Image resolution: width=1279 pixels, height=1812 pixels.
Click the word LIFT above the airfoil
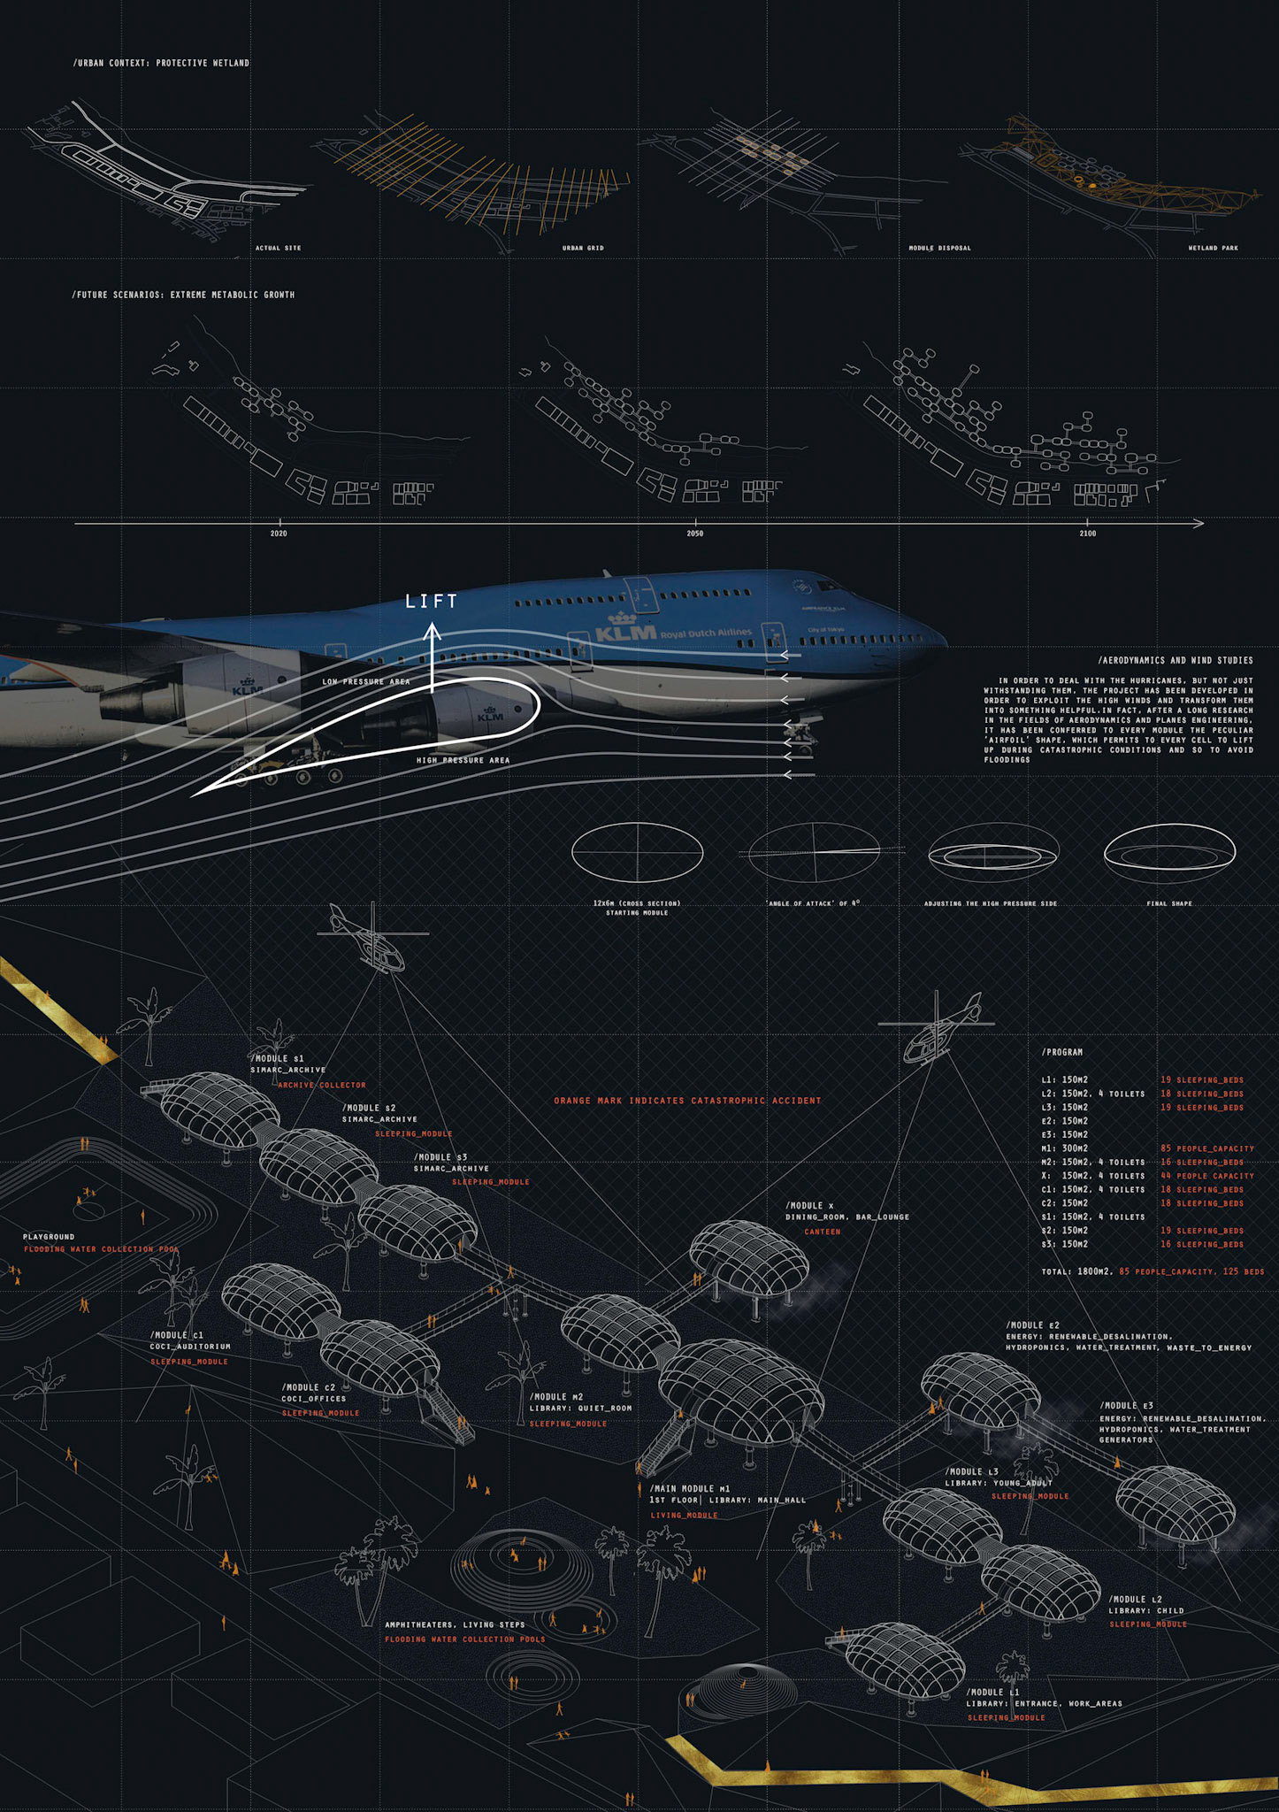pos(432,602)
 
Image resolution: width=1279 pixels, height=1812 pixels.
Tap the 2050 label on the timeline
pos(695,534)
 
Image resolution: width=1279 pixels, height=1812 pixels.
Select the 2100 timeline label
pos(1087,534)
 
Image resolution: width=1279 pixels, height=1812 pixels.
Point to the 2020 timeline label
pos(279,534)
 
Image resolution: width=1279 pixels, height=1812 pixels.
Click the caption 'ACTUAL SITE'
pos(279,248)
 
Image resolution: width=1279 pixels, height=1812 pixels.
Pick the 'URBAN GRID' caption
pos(583,248)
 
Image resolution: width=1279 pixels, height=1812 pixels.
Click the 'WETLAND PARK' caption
pos(1213,248)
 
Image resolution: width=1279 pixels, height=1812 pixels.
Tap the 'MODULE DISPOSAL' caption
pos(939,248)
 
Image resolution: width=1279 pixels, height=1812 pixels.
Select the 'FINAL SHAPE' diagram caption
pos(1169,903)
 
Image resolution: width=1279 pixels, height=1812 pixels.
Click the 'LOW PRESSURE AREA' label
pos(365,681)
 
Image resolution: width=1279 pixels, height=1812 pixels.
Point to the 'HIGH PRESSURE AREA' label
pos(463,760)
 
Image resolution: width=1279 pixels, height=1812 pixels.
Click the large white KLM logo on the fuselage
pos(626,633)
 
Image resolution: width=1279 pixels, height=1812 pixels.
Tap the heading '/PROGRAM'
pos(1061,1052)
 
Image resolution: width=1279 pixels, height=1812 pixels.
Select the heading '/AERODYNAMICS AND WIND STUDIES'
pos(1175,660)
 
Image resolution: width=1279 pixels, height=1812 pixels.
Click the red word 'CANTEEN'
pos(822,1232)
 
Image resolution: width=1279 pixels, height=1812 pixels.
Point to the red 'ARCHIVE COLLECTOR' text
pos(322,1085)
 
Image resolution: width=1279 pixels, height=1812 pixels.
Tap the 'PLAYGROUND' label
pos(49,1237)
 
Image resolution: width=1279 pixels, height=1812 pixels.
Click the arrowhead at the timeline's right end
pos(1199,524)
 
